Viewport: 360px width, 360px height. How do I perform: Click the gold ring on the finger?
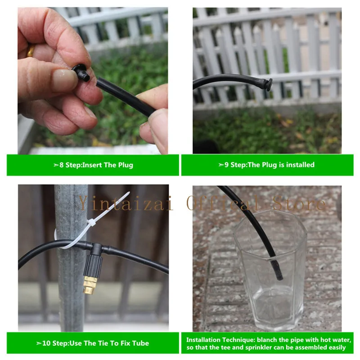pos(30,51)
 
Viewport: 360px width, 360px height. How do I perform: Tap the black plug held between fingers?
pos(81,72)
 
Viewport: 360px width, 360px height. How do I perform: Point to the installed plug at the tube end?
pos(268,84)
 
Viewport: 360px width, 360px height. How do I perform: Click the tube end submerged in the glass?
pos(277,269)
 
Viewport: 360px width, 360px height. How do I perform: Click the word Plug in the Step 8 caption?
pos(126,165)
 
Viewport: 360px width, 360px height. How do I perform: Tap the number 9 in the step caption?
pos(226,165)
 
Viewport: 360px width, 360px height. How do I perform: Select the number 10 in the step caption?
pos(46,343)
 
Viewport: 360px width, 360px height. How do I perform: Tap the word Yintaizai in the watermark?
pos(126,203)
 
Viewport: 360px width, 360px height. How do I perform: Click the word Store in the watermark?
pos(299,203)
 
